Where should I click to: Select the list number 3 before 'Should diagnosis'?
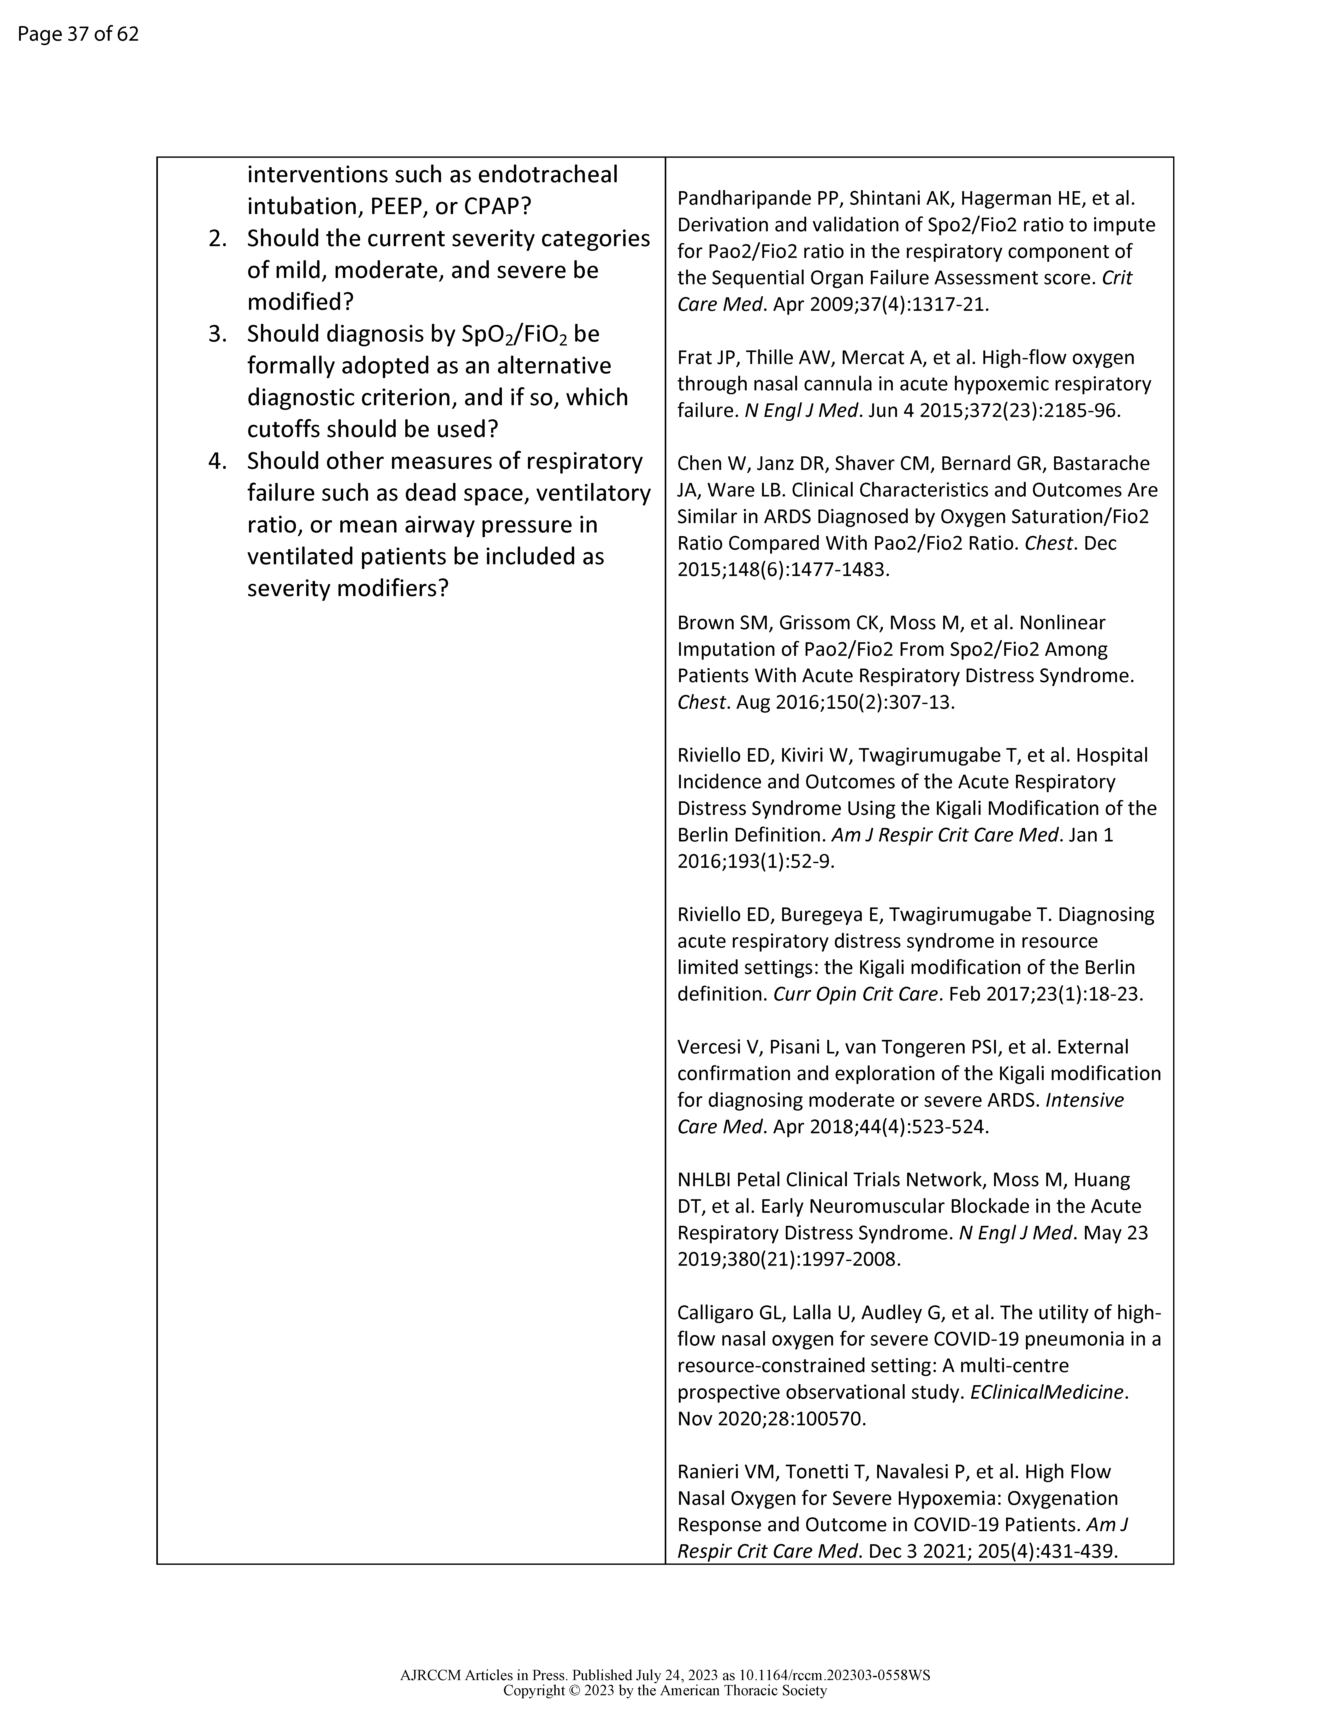(218, 334)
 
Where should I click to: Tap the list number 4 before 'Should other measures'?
(218, 461)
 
